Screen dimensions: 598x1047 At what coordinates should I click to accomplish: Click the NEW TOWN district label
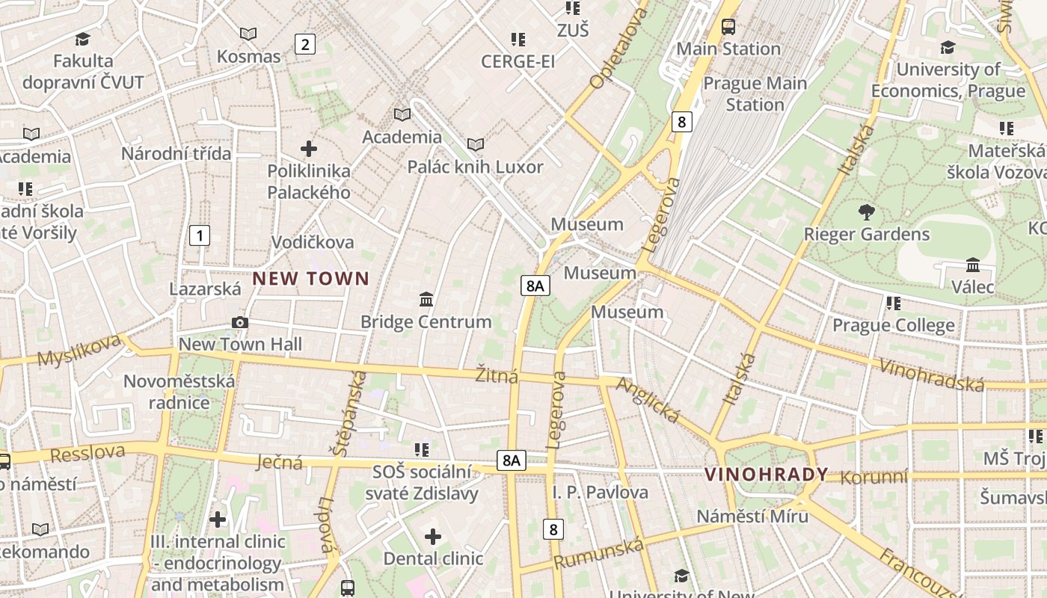310,279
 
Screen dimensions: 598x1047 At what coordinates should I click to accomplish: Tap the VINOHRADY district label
767,474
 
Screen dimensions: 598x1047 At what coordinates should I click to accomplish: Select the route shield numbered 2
304,44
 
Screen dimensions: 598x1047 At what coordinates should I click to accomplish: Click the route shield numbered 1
199,236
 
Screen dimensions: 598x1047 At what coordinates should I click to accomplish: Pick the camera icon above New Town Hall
240,322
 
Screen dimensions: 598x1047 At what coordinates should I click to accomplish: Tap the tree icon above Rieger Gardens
866,212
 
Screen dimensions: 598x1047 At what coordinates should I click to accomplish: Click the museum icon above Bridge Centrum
426,300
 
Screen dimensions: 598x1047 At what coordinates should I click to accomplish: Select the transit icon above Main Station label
728,27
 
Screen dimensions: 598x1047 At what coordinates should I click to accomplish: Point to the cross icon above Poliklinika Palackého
308,149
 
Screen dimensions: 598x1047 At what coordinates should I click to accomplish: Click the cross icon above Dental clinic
433,536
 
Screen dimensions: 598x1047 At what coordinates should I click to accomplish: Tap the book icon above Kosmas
248,34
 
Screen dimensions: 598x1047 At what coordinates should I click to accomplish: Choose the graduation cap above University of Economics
948,47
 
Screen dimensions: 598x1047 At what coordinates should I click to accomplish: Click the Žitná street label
497,374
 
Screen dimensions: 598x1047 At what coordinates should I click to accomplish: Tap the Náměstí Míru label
752,516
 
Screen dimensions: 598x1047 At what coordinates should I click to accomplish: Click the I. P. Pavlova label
601,492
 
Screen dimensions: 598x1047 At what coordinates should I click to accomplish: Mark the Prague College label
893,325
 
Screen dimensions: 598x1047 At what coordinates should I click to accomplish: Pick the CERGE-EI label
518,61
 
